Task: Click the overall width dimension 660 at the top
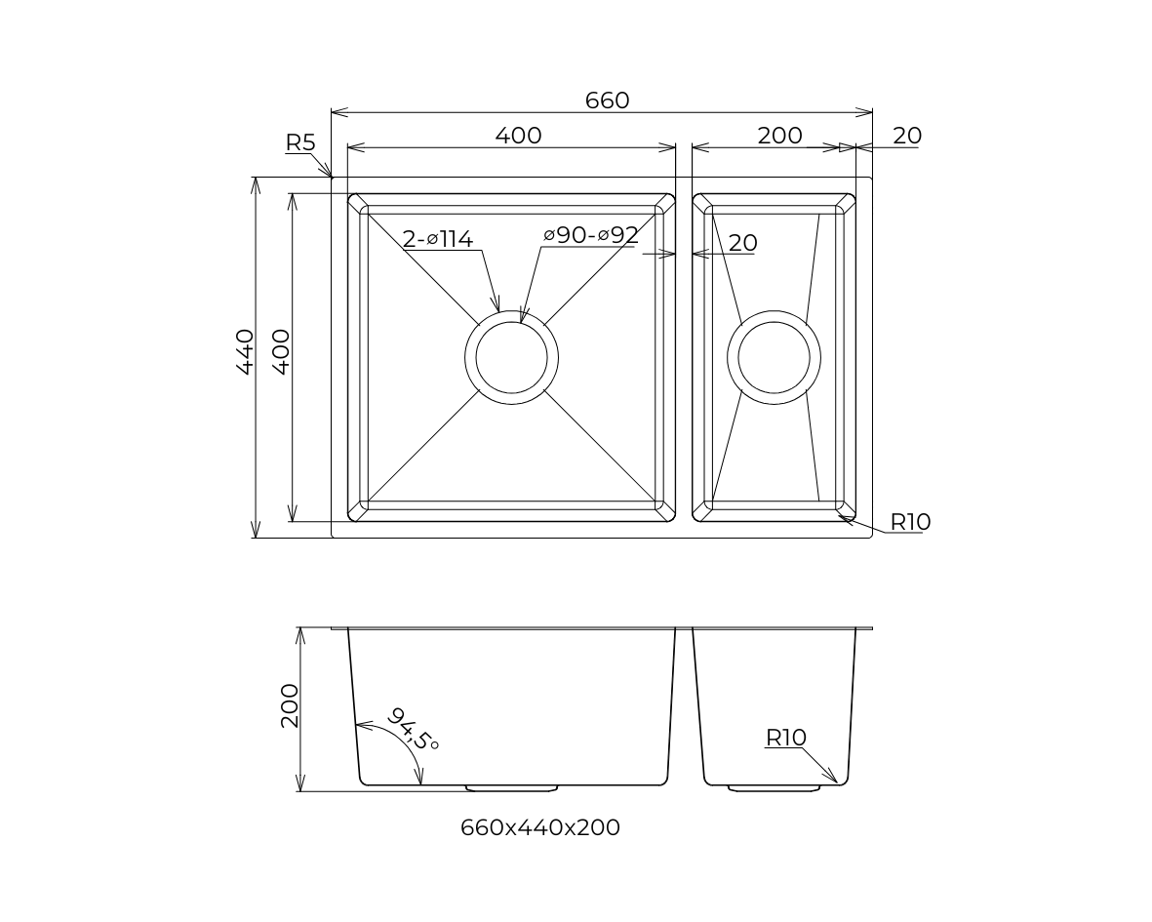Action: (x=607, y=100)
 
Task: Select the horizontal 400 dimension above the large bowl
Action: (x=518, y=136)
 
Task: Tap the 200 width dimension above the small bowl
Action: (x=779, y=136)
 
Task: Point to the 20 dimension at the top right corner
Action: (x=906, y=136)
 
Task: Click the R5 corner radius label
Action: (x=300, y=142)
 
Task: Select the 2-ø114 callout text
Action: (x=438, y=238)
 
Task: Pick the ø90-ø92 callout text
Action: (x=591, y=235)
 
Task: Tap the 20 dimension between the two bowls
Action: (x=742, y=243)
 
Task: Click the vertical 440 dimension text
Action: (x=245, y=351)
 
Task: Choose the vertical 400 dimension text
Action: (x=280, y=351)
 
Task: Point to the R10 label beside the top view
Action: (x=910, y=522)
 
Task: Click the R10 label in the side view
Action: (x=785, y=738)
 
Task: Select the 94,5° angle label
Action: (x=414, y=729)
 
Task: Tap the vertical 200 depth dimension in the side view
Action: (x=290, y=705)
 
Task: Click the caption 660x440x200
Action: (x=539, y=827)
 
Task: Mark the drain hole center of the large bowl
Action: (x=511, y=357)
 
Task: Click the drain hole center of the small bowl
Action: (x=774, y=357)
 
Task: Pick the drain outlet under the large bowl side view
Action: (x=511, y=786)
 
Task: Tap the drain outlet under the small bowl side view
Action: (x=774, y=786)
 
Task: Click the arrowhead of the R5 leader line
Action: (x=331, y=176)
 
